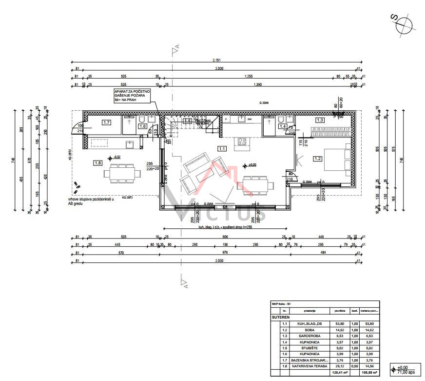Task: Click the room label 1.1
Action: [x=222, y=148]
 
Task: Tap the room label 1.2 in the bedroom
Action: [x=318, y=158]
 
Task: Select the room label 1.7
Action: [x=106, y=122]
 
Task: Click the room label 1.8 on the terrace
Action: [x=98, y=163]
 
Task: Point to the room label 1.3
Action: [x=320, y=120]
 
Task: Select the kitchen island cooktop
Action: [x=241, y=142]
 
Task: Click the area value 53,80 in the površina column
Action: [x=340, y=323]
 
